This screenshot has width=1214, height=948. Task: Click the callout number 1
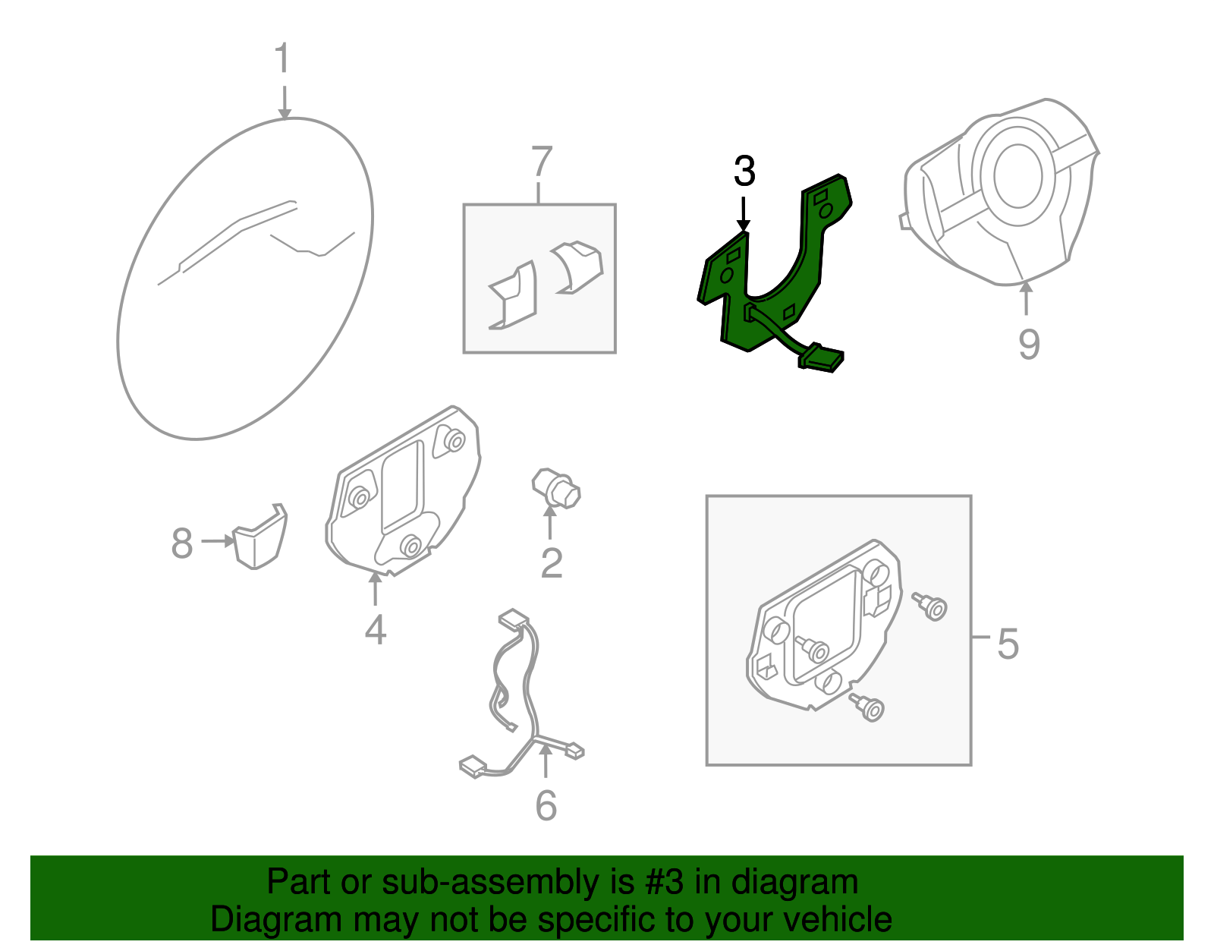pyautogui.click(x=283, y=58)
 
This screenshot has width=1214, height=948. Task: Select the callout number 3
pyautogui.click(x=745, y=171)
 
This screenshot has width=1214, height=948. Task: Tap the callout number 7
pyautogui.click(x=541, y=162)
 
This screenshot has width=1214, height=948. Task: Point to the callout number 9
pyautogui.click(x=1029, y=344)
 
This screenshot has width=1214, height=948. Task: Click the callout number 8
pyautogui.click(x=182, y=543)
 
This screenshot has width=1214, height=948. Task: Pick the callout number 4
pyautogui.click(x=376, y=629)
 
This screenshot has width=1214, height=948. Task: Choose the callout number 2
pyautogui.click(x=552, y=563)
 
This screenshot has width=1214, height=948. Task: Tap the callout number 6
pyautogui.click(x=546, y=805)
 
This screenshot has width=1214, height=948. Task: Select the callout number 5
pyautogui.click(x=1008, y=644)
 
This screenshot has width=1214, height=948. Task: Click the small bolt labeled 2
pyautogui.click(x=556, y=489)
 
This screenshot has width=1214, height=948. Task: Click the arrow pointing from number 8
pyautogui.click(x=218, y=540)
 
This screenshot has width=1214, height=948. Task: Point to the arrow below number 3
pyautogui.click(x=744, y=214)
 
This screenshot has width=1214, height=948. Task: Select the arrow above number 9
pyautogui.click(x=1026, y=299)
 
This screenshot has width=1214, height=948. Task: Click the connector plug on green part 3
pyautogui.click(x=821, y=358)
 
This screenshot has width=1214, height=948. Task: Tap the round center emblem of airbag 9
pyautogui.click(x=1018, y=175)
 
